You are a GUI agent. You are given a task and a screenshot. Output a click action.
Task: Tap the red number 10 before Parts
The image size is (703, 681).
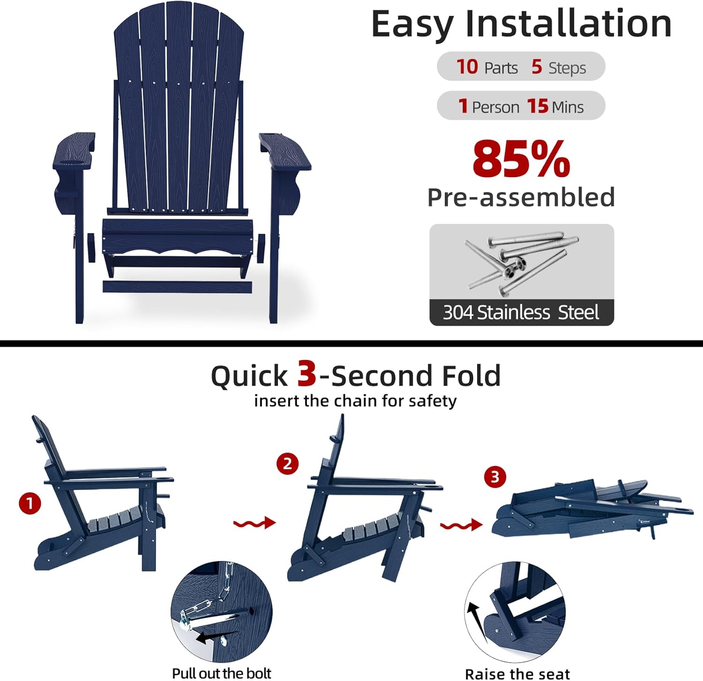tap(467, 67)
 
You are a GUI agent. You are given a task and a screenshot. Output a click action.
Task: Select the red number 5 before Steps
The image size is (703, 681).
tap(537, 67)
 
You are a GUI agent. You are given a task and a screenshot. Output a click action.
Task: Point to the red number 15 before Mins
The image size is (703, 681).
tap(538, 106)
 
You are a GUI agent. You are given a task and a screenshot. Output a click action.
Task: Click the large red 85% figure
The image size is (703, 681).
tap(521, 159)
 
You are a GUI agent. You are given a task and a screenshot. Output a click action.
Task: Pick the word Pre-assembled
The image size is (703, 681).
tap(521, 197)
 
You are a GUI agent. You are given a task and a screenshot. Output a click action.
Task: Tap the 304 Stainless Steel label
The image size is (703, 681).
tap(521, 312)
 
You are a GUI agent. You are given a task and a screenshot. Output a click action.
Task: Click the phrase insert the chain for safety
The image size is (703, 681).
tap(355, 401)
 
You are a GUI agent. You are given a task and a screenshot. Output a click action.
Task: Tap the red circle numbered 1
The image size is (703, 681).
tap(30, 503)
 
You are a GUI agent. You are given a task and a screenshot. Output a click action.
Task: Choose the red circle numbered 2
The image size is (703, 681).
tap(287, 464)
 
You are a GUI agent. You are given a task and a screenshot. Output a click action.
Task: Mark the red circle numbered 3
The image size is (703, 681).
tap(495, 477)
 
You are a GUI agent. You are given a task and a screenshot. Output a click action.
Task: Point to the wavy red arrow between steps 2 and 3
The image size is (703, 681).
tap(461, 525)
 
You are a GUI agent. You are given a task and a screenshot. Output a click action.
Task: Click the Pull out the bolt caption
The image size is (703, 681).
tap(222, 673)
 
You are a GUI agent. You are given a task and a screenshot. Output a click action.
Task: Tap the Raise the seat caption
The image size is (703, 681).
tap(517, 674)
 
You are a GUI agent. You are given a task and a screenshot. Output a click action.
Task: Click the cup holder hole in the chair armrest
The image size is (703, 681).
tap(71, 163)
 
